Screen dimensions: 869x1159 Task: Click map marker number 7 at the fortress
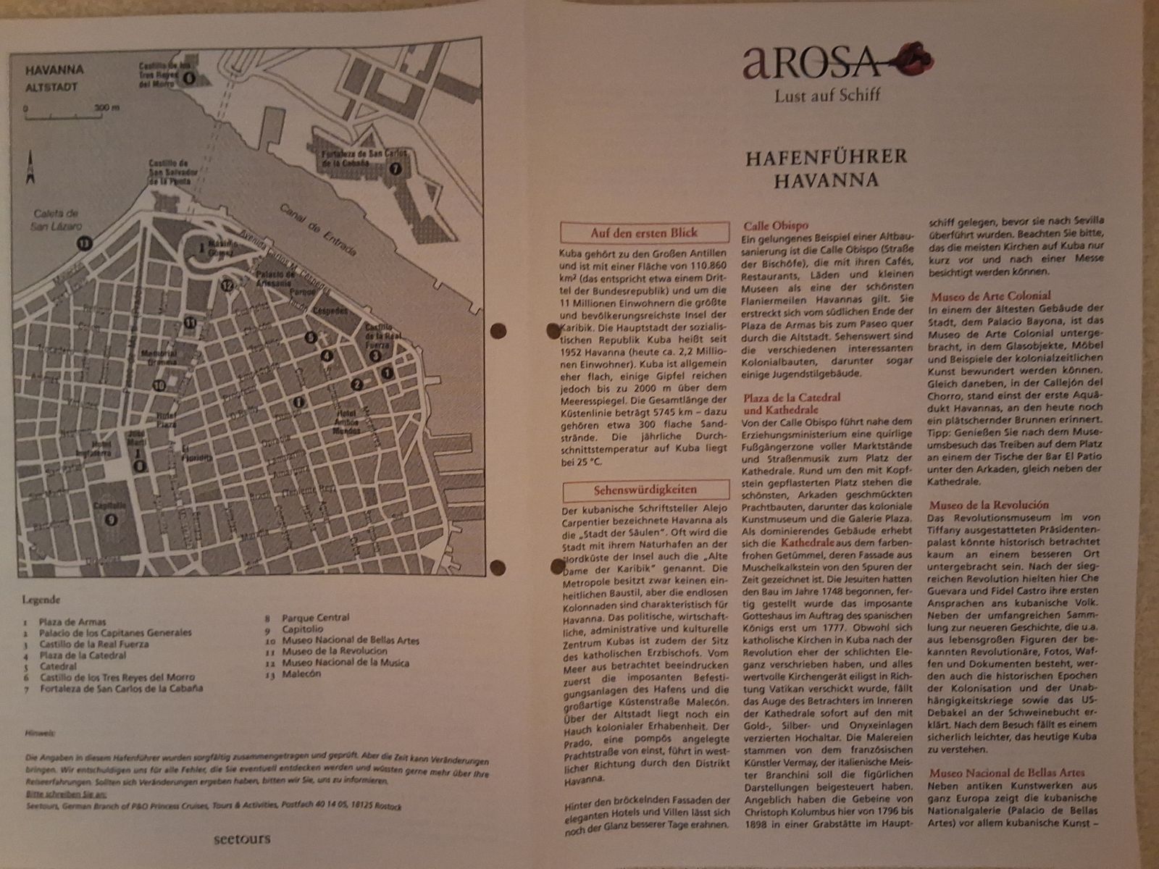click(394, 169)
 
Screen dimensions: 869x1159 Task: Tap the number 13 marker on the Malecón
click(85, 243)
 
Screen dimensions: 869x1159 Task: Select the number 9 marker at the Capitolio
click(111, 519)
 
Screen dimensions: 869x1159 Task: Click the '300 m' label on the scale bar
click(107, 109)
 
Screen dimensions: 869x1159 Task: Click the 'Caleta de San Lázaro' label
click(56, 220)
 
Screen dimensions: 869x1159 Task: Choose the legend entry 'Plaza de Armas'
click(72, 621)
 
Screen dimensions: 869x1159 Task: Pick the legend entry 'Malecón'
click(301, 673)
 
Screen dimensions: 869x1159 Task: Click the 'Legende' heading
click(41, 600)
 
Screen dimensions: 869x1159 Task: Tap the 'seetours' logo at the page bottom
click(242, 839)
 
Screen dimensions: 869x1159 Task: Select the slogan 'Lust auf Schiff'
click(828, 94)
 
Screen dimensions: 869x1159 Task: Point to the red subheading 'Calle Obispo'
click(776, 225)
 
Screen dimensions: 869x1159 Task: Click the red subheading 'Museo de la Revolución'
click(989, 505)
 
